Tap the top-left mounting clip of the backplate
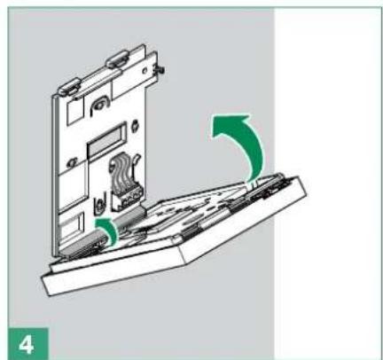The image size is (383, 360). [71, 87]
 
